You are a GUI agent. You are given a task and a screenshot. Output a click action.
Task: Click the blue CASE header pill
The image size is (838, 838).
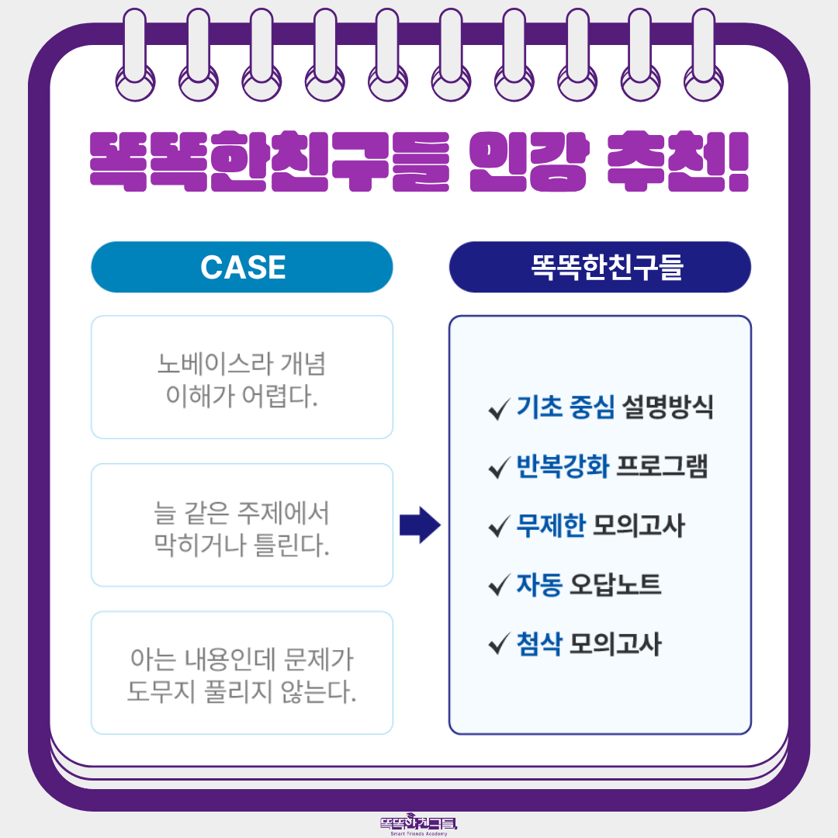click(242, 267)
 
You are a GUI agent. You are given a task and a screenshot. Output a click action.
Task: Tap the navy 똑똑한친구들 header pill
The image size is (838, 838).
click(600, 267)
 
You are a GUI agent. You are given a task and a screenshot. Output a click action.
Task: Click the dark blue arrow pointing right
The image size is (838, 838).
click(420, 525)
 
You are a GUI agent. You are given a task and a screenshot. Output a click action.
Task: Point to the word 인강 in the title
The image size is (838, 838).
click(529, 161)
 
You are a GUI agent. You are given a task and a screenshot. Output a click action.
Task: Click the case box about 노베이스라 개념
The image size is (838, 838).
click(242, 377)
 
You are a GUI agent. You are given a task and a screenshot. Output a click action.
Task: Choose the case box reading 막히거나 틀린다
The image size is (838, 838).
click(242, 525)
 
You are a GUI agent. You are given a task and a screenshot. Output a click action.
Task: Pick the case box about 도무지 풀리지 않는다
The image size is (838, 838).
click(242, 673)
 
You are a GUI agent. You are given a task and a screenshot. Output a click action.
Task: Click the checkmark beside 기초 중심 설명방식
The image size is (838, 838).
click(499, 409)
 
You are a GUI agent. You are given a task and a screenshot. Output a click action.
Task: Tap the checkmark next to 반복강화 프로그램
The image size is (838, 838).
click(499, 468)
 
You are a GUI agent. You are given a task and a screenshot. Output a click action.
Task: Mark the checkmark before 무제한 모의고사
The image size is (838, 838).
click(499, 526)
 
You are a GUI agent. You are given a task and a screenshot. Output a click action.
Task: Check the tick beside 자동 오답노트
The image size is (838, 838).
click(499, 585)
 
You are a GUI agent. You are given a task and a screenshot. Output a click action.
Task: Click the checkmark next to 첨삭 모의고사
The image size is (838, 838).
click(499, 644)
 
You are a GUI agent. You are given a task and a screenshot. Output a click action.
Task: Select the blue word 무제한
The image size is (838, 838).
click(551, 525)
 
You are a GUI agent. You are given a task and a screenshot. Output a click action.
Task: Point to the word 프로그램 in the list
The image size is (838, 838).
click(663, 466)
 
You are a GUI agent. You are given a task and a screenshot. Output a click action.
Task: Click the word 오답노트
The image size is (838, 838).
click(615, 584)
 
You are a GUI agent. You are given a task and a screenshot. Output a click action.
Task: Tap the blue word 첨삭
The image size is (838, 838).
click(539, 643)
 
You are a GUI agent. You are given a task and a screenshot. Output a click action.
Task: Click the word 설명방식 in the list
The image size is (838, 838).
click(667, 407)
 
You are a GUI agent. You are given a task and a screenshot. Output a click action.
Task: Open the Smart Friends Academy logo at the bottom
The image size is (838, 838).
click(419, 825)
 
